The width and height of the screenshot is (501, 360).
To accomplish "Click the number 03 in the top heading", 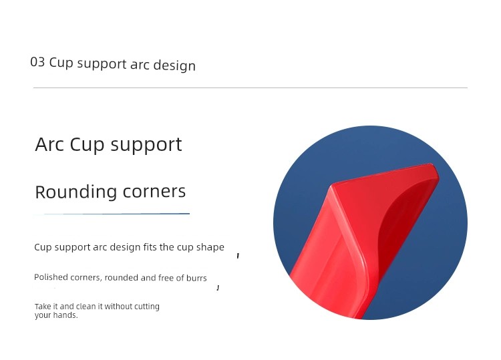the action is [x=37, y=61].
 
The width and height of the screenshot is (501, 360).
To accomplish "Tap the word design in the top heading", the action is [x=174, y=65].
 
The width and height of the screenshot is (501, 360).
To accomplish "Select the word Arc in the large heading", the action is [x=49, y=144].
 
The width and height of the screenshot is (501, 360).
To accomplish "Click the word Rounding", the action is [x=75, y=192].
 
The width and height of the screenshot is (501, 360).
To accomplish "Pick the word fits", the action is [x=150, y=247].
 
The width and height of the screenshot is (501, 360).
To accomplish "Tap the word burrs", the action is [x=196, y=278].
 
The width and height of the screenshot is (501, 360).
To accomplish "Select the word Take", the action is [x=41, y=307].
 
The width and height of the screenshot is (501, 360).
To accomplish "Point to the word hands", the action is [x=65, y=315].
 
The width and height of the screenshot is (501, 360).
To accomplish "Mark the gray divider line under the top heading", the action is [x=251, y=87].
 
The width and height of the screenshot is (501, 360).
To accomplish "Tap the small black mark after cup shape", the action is [x=238, y=256].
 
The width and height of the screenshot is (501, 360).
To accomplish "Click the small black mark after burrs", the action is [x=218, y=288].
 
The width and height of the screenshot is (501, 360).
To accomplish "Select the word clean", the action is [x=86, y=307].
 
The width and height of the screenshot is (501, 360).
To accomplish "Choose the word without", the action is [x=118, y=307].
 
